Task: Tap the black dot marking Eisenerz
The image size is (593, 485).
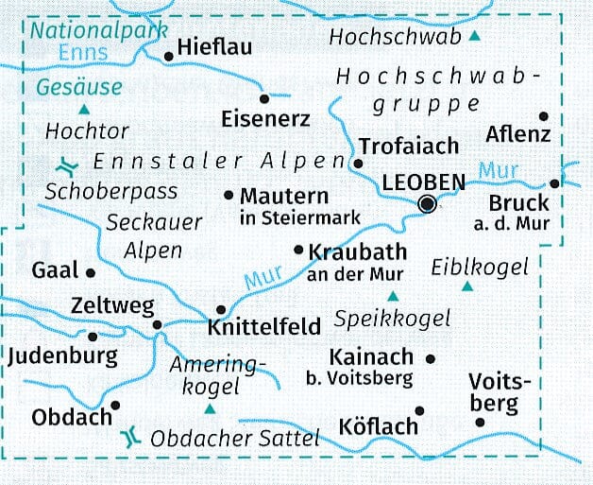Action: (263, 96)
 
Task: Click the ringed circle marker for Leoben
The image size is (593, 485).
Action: (430, 202)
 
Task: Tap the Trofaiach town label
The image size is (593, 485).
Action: (408, 146)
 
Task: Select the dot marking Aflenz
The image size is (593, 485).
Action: (543, 116)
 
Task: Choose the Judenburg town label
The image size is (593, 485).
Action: (62, 356)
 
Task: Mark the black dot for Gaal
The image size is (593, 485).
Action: (91, 272)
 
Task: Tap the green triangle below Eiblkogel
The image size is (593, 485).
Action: (466, 286)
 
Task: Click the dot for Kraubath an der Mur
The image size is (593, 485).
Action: (299, 251)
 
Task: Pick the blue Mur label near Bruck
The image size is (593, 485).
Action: (498, 171)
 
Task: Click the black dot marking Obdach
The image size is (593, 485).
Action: (115, 405)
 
